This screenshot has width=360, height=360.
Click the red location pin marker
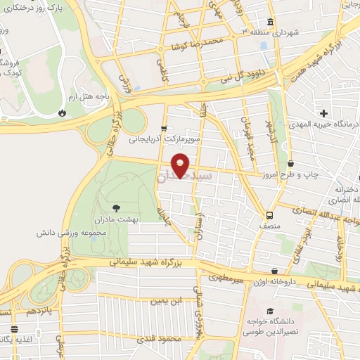(x=181, y=165)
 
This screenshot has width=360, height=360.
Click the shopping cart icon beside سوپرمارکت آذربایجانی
(x=164, y=129)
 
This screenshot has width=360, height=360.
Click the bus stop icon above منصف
(x=270, y=215)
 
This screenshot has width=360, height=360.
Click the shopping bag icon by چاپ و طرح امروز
(x=290, y=163)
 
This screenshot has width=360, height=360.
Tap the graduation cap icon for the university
(x=269, y=311)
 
